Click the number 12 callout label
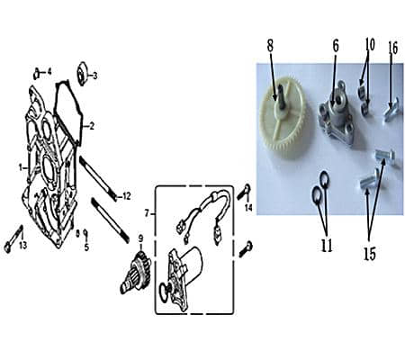[x=127, y=196]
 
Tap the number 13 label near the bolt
[x=22, y=246]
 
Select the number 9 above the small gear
[x=140, y=238]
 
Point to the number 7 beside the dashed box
[x=147, y=213]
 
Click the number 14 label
[x=248, y=207]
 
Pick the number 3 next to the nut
[x=94, y=76]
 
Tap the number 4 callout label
[x=49, y=72]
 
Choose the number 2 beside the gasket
[x=92, y=126]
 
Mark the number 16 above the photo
[x=392, y=48]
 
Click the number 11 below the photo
[x=327, y=246]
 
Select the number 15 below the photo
[x=370, y=254]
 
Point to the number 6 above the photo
[x=336, y=46]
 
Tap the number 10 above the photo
[x=370, y=45]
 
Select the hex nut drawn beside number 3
[x=82, y=74]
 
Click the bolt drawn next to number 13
[x=13, y=239]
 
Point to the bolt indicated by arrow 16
[x=391, y=112]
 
